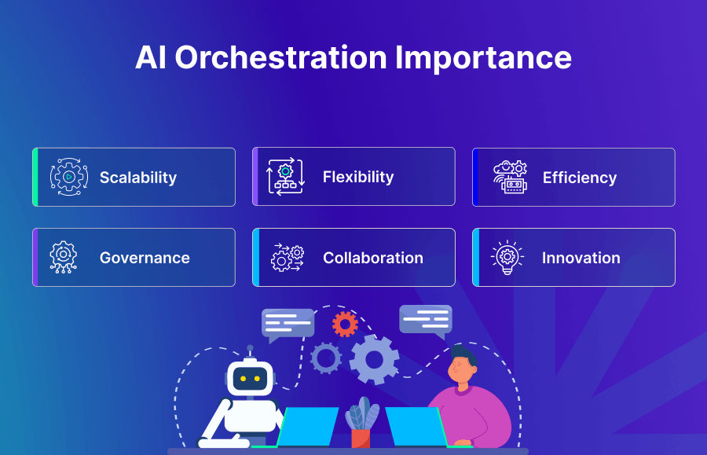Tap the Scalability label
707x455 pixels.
click(138, 178)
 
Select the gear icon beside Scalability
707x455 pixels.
click(69, 178)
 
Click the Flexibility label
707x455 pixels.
click(358, 178)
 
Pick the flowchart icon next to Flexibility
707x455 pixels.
click(285, 178)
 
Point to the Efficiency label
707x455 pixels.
click(580, 178)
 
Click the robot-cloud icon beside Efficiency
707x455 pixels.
click(510, 178)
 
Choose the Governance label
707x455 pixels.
click(145, 258)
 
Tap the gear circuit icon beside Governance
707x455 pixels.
click(64, 258)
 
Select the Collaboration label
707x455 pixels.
click(373, 258)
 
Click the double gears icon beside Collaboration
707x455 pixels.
click(288, 258)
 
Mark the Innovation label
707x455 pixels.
click(581, 258)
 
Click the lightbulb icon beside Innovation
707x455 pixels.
click(507, 257)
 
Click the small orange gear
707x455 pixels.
click(345, 324)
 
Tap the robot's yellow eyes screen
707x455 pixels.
click(250, 379)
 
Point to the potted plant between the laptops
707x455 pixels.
click(361, 424)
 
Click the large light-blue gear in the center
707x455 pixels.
click(374, 359)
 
